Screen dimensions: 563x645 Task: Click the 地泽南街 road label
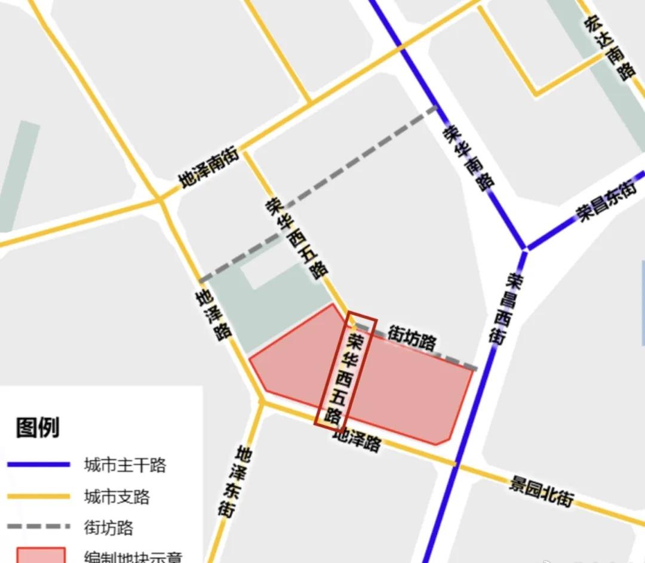210,168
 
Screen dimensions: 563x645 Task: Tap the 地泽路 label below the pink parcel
357,441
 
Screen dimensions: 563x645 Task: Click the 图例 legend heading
38,427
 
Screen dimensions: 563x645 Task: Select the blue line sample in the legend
39,464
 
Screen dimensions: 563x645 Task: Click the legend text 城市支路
117,497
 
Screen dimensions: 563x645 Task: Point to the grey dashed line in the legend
39,527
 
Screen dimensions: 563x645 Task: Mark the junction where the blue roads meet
525,248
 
